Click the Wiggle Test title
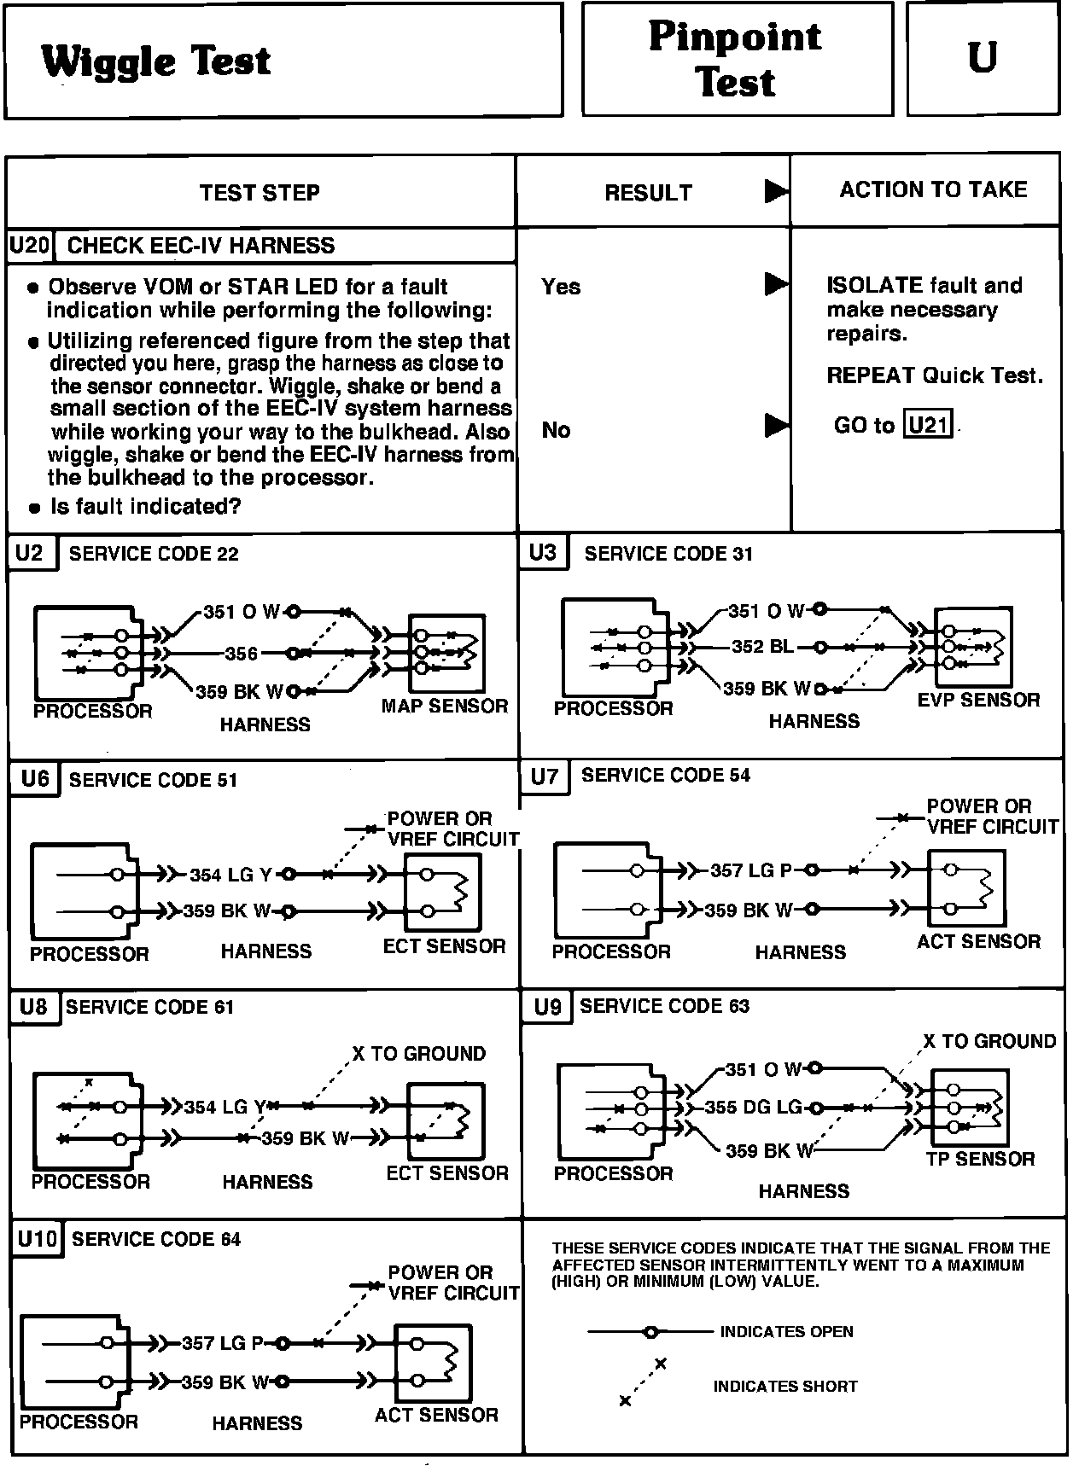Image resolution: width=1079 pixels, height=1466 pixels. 156,61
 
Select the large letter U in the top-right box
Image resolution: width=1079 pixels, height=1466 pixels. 983,58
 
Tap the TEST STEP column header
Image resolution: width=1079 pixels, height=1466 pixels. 260,193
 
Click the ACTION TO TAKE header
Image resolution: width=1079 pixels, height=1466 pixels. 933,189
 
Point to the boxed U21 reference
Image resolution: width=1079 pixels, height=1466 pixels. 928,424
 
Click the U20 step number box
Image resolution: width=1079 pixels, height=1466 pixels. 29,246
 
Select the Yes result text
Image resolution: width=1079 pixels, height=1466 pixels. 560,287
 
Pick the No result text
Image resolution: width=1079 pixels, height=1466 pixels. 556,430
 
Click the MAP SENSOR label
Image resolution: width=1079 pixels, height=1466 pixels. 444,706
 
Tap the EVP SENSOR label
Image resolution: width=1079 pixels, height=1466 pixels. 978,701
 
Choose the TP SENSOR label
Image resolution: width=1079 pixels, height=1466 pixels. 980,1159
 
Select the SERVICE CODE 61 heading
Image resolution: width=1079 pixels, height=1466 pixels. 149,1007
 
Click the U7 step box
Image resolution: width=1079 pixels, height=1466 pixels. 544,777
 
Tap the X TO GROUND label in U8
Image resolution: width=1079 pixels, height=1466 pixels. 418,1054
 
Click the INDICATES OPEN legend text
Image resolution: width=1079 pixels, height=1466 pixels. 786,1331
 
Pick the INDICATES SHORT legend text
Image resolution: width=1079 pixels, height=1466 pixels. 785,1387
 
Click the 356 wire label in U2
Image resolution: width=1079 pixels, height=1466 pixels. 242,654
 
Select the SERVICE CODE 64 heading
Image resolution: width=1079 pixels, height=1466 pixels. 156,1239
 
